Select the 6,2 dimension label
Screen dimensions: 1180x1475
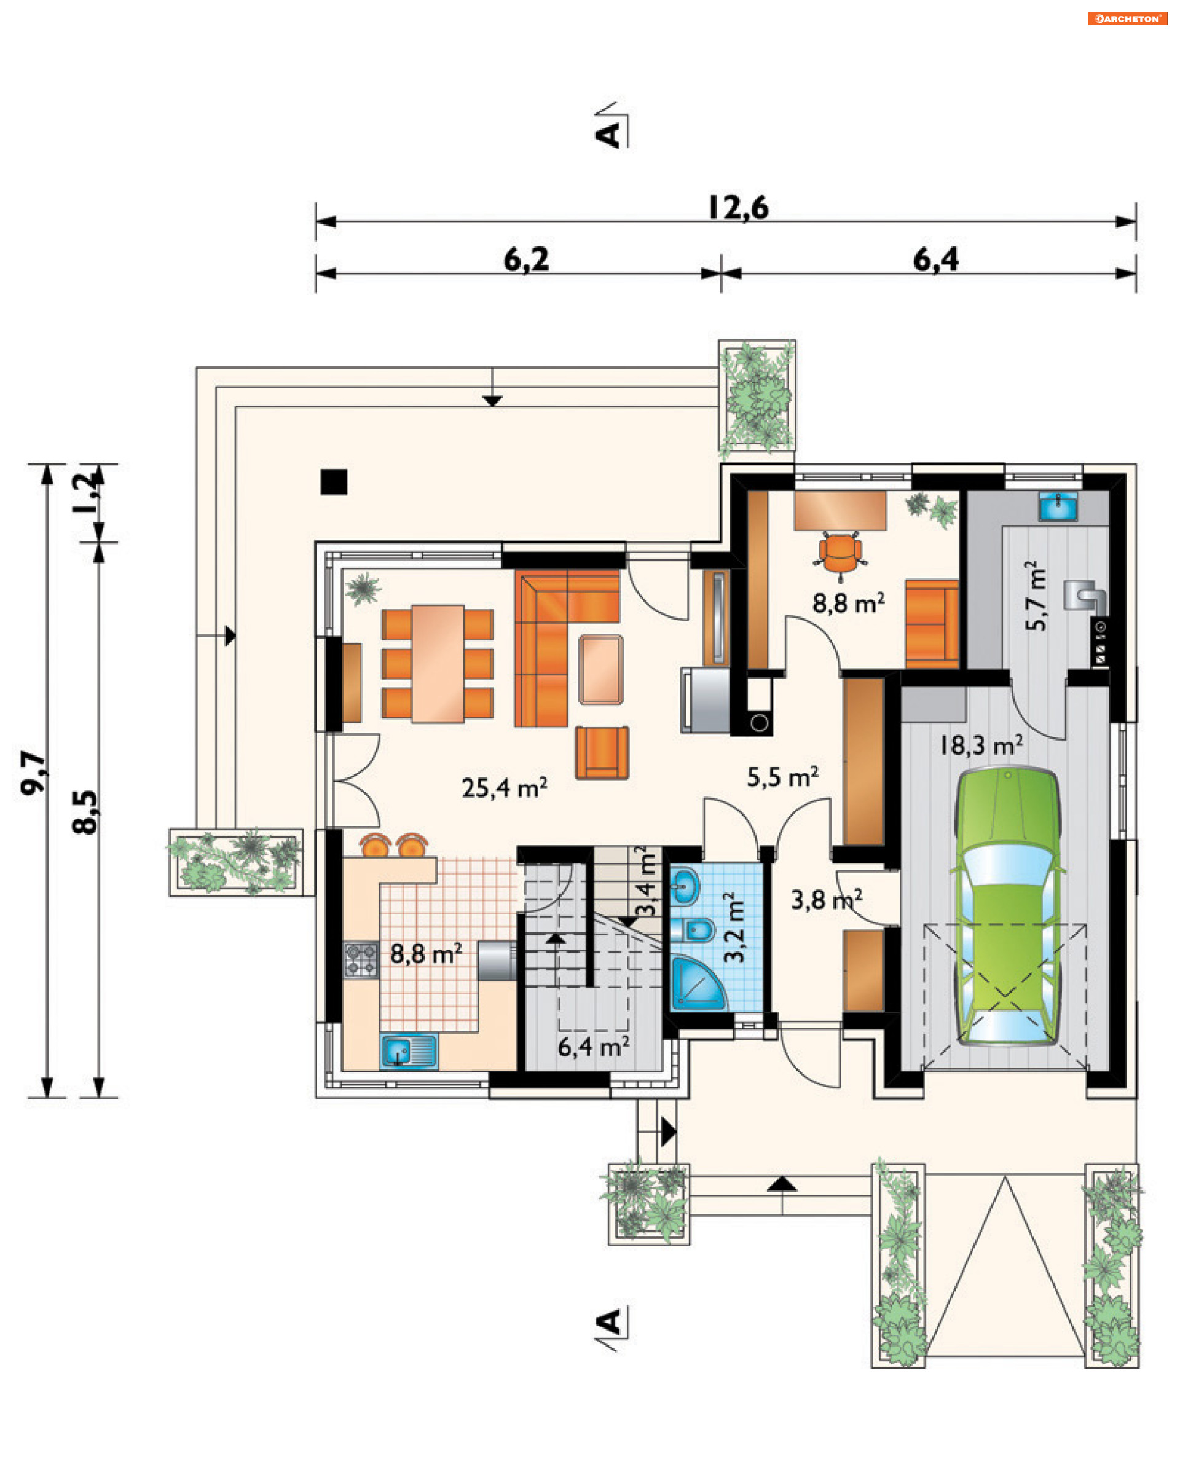tap(525, 260)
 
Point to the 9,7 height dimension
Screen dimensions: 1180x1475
tap(33, 773)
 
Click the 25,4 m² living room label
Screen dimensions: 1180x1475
tap(504, 788)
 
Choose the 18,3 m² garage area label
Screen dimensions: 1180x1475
tap(981, 745)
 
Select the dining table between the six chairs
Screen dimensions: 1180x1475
tap(438, 663)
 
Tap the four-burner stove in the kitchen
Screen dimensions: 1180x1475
tap(361, 959)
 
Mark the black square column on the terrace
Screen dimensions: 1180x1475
tap(334, 482)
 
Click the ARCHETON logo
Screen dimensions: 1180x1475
tap(1127, 18)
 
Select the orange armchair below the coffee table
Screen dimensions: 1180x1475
tap(602, 752)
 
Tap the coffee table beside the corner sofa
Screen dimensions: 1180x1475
tap(600, 669)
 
